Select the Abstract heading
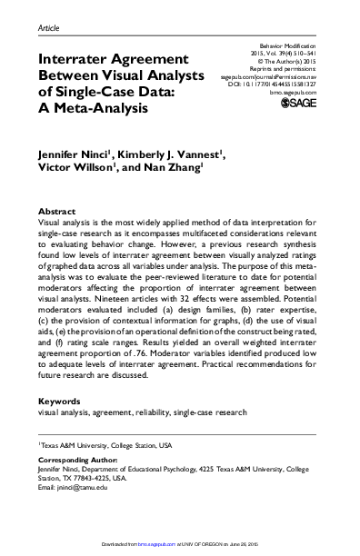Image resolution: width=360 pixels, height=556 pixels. click(x=58, y=210)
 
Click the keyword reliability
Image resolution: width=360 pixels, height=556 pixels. click(x=161, y=412)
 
